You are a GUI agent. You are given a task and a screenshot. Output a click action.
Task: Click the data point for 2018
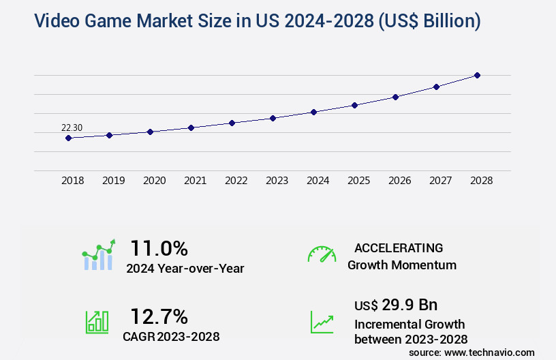(x=68, y=138)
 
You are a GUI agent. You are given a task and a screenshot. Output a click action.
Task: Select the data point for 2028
(x=477, y=75)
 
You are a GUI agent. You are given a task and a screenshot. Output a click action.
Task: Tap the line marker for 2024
(x=313, y=112)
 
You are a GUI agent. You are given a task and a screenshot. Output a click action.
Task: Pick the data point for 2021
(x=191, y=127)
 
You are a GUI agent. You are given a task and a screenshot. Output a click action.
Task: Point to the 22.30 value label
(x=72, y=127)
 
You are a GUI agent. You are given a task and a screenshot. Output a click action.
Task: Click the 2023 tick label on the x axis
(x=277, y=181)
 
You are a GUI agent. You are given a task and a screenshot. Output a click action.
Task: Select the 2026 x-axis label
(x=399, y=181)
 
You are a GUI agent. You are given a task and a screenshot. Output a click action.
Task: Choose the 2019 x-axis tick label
(x=113, y=181)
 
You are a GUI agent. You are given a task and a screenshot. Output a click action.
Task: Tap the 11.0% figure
(x=159, y=247)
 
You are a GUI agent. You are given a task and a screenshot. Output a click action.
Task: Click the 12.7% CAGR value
(x=159, y=316)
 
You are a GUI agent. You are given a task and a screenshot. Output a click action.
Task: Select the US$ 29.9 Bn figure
(x=396, y=304)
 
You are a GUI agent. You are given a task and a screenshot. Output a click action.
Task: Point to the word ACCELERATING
(x=399, y=247)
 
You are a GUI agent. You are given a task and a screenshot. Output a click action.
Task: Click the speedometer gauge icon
(x=322, y=254)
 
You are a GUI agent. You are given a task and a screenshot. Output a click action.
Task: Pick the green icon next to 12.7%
(x=97, y=322)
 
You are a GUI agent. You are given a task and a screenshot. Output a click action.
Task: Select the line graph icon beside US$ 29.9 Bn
(x=322, y=322)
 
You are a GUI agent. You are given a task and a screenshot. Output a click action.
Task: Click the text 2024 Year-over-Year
(x=185, y=269)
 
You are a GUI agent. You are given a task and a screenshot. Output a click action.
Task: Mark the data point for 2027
(x=436, y=87)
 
